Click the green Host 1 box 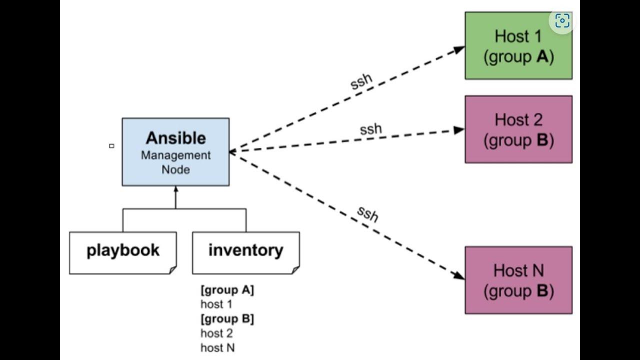pyautogui.click(x=518, y=46)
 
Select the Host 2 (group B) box pyautogui.click(x=518, y=129)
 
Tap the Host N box pyautogui.click(x=518, y=280)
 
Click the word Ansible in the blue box pyautogui.click(x=175, y=138)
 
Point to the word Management pyautogui.click(x=175, y=155)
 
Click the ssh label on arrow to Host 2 pyautogui.click(x=370, y=129)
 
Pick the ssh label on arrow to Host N pyautogui.click(x=367, y=214)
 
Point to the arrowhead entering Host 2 pyautogui.click(x=459, y=130)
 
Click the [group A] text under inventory pyautogui.click(x=227, y=290)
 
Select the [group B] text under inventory pyautogui.click(x=227, y=319)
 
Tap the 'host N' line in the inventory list pyautogui.click(x=217, y=347)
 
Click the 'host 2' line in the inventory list pyautogui.click(x=216, y=333)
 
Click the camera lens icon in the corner pyautogui.click(x=562, y=20)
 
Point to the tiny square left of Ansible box pyautogui.click(x=111, y=146)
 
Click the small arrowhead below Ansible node pyautogui.click(x=175, y=189)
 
